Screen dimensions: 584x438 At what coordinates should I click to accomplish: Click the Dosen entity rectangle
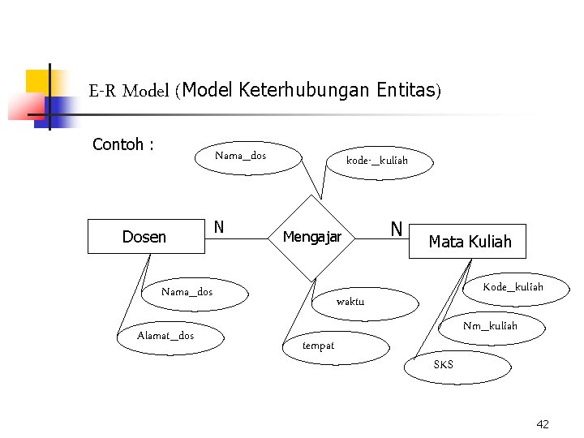click(x=144, y=237)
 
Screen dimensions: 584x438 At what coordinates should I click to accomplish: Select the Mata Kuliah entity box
click(x=468, y=242)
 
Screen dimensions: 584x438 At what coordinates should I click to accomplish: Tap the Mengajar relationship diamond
click(x=312, y=238)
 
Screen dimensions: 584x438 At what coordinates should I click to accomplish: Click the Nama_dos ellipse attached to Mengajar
click(x=241, y=156)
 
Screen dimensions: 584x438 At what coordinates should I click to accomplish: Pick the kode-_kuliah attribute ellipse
click(x=376, y=161)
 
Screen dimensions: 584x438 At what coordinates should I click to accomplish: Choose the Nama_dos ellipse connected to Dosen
click(x=187, y=292)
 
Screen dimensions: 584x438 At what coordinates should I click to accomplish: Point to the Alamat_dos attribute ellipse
click(x=166, y=336)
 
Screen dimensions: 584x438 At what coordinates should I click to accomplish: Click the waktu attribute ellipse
click(x=350, y=302)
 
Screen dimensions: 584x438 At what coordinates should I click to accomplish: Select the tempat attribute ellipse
click(x=318, y=346)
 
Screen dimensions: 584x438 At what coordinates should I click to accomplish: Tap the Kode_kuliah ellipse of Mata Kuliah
click(x=513, y=287)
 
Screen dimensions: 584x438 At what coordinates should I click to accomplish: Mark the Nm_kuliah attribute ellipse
click(x=490, y=326)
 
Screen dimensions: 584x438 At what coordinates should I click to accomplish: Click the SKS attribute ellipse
click(x=444, y=365)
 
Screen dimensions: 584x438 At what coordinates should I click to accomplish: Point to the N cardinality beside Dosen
click(x=219, y=228)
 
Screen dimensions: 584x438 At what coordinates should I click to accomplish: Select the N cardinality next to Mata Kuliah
click(x=397, y=230)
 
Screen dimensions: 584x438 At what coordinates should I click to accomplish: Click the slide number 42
click(x=543, y=424)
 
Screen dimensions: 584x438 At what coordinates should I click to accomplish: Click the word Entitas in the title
click(x=406, y=89)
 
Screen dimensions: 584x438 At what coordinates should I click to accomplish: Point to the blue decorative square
click(x=61, y=107)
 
